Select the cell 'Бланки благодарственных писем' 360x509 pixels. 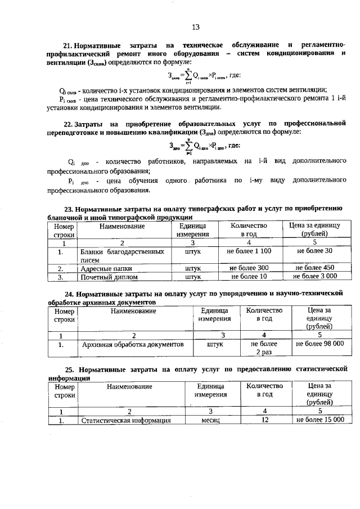[x=122, y=255]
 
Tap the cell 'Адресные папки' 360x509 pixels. [x=106, y=268]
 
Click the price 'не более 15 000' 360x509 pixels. [x=319, y=420]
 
